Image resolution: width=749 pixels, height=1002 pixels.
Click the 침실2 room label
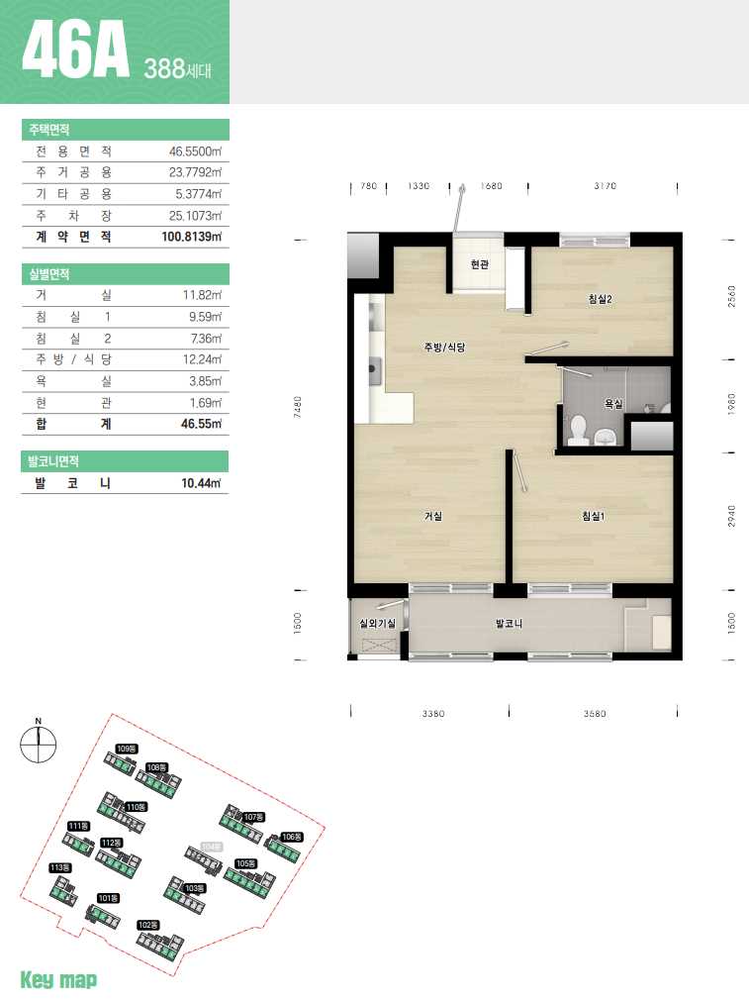[601, 299]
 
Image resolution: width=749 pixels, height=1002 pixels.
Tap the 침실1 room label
[594, 516]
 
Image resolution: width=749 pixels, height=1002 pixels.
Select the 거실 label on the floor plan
[433, 516]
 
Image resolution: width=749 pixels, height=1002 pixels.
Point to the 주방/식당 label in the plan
[444, 347]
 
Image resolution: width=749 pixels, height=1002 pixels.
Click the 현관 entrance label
[480, 264]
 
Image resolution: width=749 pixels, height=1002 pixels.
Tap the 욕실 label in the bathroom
[613, 404]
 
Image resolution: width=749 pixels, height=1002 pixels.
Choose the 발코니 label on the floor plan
[509, 623]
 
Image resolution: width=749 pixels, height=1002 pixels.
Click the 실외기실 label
[377, 623]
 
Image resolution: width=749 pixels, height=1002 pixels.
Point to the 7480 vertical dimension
[297, 407]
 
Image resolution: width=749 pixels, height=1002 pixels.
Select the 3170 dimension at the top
[605, 186]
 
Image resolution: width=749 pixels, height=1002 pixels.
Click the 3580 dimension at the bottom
[595, 713]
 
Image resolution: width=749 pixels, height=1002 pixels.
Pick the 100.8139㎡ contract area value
[192, 237]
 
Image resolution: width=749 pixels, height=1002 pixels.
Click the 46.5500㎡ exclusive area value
[195, 151]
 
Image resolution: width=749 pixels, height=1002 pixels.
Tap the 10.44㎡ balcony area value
[201, 483]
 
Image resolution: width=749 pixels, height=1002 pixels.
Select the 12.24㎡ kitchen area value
[203, 359]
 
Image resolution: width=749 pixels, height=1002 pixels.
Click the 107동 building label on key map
[253, 817]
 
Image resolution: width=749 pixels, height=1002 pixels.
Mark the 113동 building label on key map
[60, 867]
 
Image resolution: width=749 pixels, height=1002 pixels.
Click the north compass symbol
[39, 744]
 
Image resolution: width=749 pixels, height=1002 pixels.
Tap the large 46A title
[75, 50]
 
